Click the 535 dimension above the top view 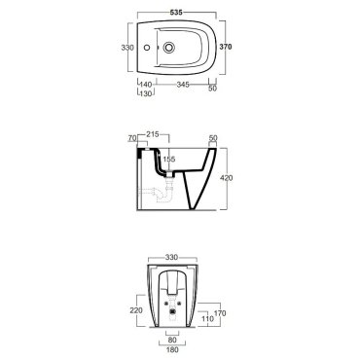click(x=176, y=13)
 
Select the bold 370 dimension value click(x=226, y=47)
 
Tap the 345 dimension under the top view click(x=183, y=85)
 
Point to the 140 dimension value click(x=146, y=85)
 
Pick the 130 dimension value click(x=146, y=93)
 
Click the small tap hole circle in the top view click(x=147, y=48)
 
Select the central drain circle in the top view click(x=168, y=48)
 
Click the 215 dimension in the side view click(x=153, y=134)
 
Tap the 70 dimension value click(x=132, y=138)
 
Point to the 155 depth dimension click(x=169, y=159)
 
